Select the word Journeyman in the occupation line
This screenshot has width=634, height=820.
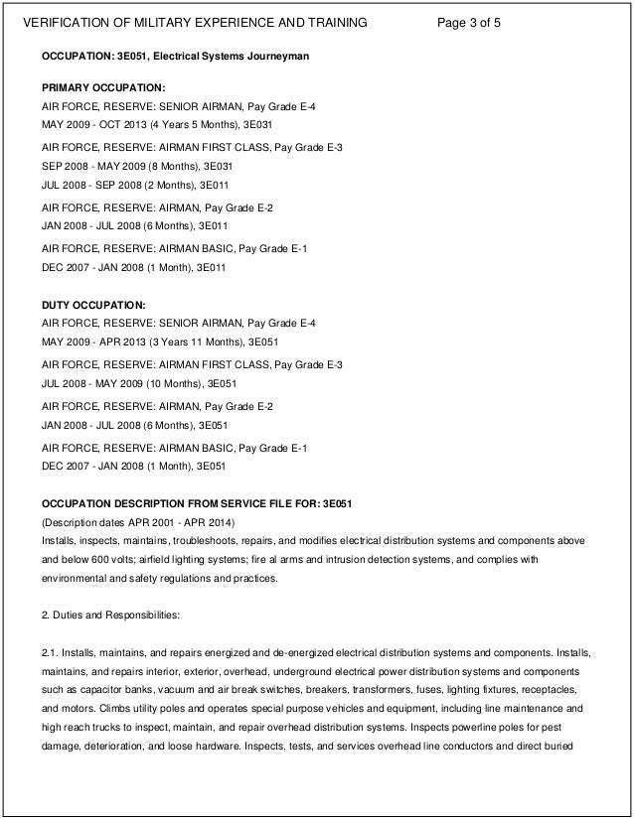(x=277, y=57)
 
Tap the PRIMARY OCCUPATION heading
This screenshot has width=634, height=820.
(x=95, y=89)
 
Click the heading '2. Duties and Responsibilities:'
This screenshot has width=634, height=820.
(x=109, y=615)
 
